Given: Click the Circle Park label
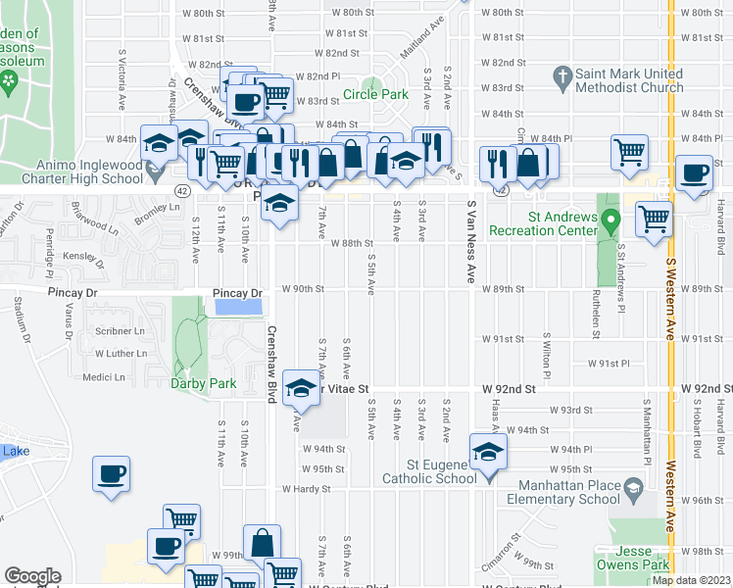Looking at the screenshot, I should pos(374,95).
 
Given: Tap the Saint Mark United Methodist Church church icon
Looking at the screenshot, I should pos(562,75).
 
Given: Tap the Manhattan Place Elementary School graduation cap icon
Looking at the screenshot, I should pos(634,487).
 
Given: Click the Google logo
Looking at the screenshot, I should pos(32,576).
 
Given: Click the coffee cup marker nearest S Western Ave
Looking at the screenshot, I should pos(695,172).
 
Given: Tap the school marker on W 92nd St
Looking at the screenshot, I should pos(301,388).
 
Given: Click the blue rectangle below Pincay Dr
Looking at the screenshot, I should pos(237,307).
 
